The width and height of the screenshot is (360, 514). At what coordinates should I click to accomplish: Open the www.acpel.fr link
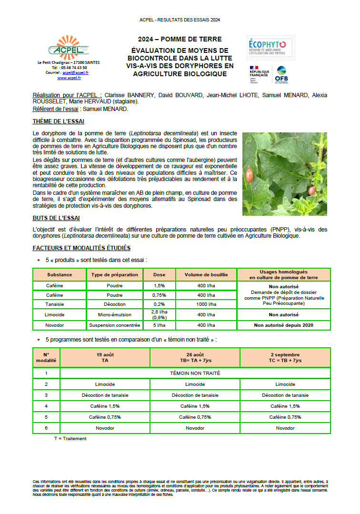tap(69, 78)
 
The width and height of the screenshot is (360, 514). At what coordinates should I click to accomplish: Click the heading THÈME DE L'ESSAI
tap(58, 121)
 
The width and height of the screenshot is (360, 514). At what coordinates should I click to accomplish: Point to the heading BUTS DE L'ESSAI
tap(56, 218)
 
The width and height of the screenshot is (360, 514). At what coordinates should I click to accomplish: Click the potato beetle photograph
tap(284, 174)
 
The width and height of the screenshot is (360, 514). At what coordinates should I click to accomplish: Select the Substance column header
tap(60, 275)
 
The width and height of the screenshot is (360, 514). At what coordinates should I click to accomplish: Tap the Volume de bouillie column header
tap(206, 275)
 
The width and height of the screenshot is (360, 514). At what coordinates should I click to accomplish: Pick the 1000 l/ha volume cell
tap(206, 304)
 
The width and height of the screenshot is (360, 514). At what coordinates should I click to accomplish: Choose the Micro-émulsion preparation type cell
tap(115, 314)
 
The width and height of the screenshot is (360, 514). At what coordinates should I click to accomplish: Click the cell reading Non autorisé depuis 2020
tap(283, 325)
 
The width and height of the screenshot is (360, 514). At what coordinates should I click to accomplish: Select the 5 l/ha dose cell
tap(159, 325)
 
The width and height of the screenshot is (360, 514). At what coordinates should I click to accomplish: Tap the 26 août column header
tap(195, 357)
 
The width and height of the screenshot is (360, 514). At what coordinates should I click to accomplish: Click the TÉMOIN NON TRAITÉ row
tap(195, 373)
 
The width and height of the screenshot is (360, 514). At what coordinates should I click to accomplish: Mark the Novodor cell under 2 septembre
tap(285, 428)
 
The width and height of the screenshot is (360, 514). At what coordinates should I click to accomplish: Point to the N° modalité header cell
tap(46, 357)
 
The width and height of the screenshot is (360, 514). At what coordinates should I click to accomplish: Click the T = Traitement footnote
tap(70, 438)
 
